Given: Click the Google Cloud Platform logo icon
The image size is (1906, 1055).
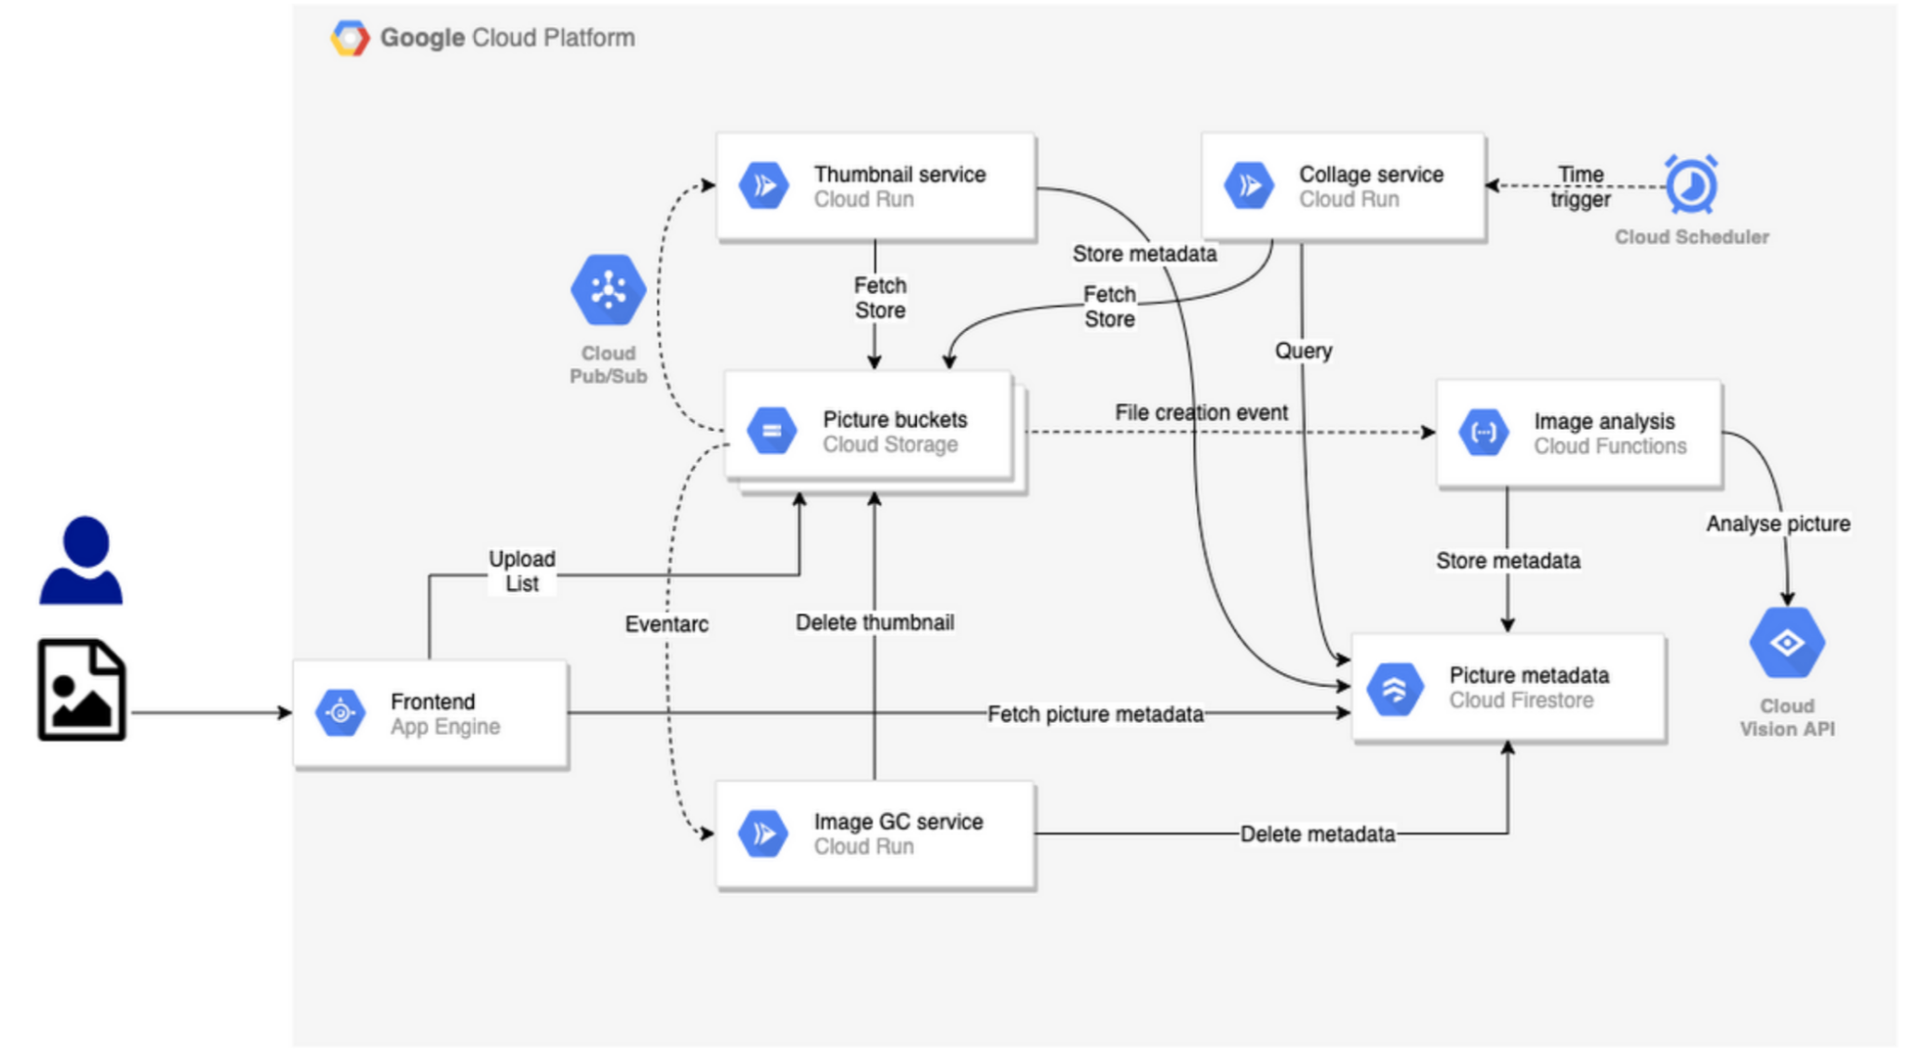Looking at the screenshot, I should click(349, 38).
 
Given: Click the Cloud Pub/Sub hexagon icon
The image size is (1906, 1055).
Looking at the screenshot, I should click(608, 290).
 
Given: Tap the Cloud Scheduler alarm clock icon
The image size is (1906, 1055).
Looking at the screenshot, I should click(1690, 185).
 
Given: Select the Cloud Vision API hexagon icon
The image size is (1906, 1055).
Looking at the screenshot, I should click(1786, 643).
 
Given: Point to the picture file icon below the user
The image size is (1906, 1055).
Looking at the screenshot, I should click(82, 690).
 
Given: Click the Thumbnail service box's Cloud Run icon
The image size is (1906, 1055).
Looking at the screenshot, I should click(764, 185).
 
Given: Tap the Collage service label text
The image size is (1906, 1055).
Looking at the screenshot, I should click(1370, 174).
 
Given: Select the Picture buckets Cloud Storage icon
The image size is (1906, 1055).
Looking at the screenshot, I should click(772, 431).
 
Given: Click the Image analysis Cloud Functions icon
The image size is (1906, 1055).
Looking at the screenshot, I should click(1483, 433).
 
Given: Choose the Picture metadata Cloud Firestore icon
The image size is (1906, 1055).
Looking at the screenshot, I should click(1394, 688).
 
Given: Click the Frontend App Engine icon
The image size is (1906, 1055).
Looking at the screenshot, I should click(341, 714).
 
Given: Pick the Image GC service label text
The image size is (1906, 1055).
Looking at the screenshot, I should click(897, 821).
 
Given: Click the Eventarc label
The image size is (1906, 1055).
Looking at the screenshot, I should click(666, 624).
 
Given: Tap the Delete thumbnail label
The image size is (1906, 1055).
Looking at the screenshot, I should click(874, 622).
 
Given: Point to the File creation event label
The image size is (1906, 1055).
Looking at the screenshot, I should click(1201, 412).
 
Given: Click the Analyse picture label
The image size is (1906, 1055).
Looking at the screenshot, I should click(1777, 524).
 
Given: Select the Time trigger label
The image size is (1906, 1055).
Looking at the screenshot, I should click(1579, 186).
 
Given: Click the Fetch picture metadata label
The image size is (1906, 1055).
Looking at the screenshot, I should click(1094, 714).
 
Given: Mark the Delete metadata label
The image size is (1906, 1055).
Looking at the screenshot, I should click(1316, 834).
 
